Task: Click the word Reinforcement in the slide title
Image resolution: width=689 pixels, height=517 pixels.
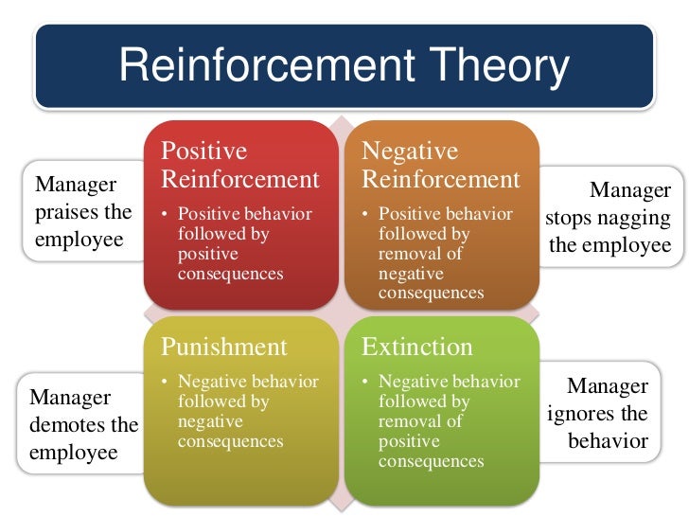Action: point(260,66)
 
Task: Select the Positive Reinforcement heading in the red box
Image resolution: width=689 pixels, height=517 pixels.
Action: point(239,165)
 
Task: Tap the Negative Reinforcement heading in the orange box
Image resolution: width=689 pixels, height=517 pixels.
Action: point(441,165)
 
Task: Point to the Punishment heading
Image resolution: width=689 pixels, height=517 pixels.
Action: point(223,347)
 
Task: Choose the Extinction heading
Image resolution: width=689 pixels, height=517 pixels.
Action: point(416,347)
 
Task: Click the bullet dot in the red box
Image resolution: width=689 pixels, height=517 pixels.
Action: point(166,215)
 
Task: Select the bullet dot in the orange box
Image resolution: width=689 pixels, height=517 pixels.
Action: point(366,215)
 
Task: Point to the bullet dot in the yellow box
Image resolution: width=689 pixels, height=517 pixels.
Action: point(166,383)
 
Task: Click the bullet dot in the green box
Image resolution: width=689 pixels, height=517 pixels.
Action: point(366,383)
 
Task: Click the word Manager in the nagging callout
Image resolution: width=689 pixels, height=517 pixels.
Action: point(629,191)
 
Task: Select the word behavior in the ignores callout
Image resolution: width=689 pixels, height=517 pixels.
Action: point(608,441)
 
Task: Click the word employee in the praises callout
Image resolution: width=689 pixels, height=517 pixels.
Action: point(79,239)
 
